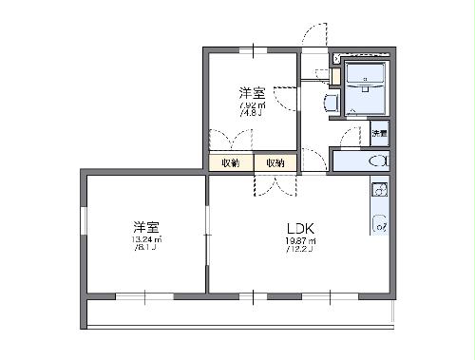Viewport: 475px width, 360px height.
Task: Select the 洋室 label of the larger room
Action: tap(145, 227)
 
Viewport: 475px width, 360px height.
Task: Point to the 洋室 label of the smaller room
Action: tap(252, 93)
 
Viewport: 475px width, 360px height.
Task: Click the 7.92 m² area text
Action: tap(252, 105)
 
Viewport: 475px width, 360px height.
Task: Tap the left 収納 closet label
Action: tap(231, 163)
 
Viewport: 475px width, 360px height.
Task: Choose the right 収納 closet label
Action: tap(275, 163)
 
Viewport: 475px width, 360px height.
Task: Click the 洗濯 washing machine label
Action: tap(379, 133)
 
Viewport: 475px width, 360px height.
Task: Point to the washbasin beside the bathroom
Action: tap(331, 102)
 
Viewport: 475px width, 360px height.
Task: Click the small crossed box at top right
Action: tap(337, 58)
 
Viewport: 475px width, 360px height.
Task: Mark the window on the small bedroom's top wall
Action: tap(254, 47)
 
